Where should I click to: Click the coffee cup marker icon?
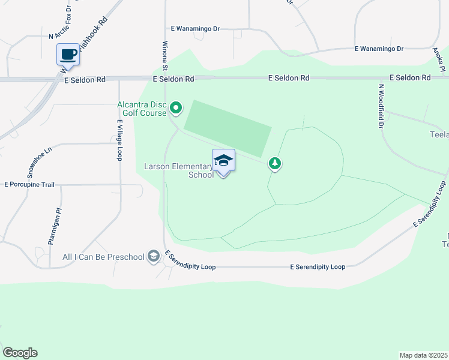68,55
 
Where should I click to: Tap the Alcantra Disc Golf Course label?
141,109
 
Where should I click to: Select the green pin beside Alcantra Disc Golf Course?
176,109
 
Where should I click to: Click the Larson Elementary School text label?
178,170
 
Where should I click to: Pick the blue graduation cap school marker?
223,161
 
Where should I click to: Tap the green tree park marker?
274,163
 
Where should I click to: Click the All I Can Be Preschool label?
103,257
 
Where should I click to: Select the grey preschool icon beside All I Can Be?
154,257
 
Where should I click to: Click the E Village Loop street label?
120,140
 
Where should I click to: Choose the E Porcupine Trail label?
29,185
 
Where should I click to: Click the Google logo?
20,353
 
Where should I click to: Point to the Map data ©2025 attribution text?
423,355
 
